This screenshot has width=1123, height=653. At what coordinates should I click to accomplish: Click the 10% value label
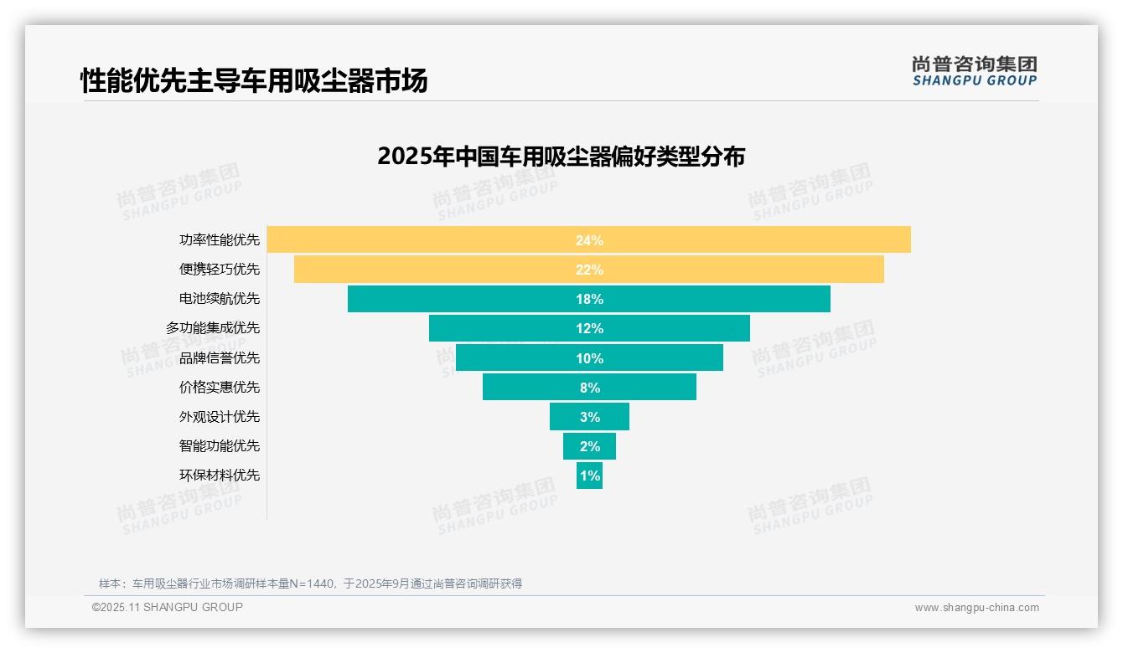[589, 358]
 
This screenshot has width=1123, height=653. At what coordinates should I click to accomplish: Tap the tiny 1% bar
[589, 476]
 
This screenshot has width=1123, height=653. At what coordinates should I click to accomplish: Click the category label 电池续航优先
[219, 299]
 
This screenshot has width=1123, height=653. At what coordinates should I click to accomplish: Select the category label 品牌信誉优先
[219, 358]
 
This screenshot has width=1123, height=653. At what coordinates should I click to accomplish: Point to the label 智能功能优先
[219, 446]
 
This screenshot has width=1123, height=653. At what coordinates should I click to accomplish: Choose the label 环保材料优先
[219, 476]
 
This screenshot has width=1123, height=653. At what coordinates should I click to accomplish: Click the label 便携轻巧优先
[219, 270]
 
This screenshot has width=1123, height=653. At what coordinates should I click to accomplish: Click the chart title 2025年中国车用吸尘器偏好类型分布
[561, 157]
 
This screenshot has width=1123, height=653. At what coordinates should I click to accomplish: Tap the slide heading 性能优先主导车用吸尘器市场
[254, 80]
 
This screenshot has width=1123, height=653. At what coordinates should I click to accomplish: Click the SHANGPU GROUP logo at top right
[974, 70]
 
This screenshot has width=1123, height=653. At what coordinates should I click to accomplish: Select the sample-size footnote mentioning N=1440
[310, 584]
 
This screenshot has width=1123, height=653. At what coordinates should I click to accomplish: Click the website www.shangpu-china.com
[976, 608]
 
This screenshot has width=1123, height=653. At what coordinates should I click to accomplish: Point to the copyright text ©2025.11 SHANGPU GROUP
[167, 607]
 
